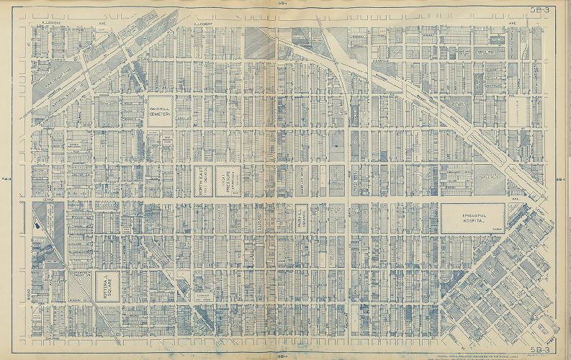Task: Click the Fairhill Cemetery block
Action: pos(160,112)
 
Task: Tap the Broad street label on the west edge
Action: pos(32,294)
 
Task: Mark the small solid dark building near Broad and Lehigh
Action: pos(37,225)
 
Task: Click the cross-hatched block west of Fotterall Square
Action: pos(81,287)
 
